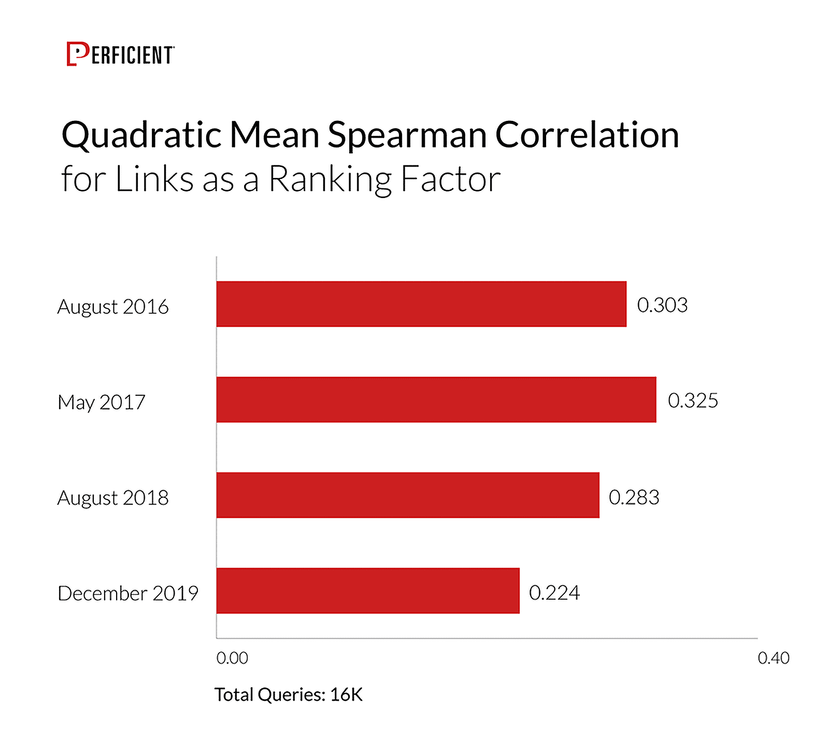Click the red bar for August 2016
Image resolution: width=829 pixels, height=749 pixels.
421,304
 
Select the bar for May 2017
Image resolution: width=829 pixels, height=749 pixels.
436,399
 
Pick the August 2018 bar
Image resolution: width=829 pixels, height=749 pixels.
407,495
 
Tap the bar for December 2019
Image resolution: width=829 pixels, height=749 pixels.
367,590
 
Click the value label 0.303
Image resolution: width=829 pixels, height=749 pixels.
662,305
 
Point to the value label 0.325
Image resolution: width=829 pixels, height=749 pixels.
693,400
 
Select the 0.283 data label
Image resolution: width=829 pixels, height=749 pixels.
634,497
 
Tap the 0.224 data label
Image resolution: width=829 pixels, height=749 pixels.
554,592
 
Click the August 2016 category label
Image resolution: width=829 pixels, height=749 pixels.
113,307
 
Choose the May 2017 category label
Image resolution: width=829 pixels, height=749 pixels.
102,403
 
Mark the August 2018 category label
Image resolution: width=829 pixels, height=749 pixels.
113,498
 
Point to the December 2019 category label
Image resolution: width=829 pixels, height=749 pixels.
128,593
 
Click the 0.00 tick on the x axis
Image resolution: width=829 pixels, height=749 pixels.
232,658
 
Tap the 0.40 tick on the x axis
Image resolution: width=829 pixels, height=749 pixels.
773,658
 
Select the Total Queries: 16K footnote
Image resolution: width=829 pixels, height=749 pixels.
289,695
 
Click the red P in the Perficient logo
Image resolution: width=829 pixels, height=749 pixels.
77,54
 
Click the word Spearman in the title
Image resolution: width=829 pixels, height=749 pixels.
407,135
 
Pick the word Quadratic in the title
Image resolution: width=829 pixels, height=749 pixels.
141,135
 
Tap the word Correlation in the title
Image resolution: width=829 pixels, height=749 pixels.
587,135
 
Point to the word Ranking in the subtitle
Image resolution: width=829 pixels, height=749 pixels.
330,179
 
